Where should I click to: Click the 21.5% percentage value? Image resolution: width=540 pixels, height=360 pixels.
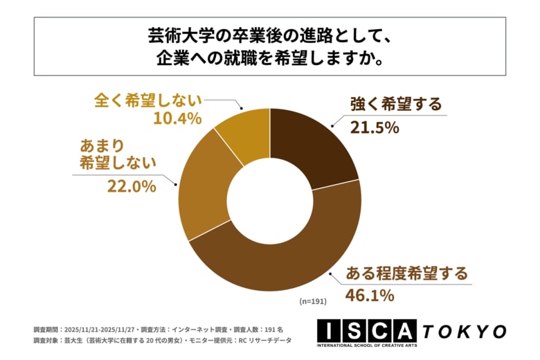point(374,127)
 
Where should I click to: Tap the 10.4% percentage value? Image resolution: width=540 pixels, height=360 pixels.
point(177,118)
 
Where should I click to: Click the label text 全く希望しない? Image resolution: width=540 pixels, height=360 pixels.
point(147,98)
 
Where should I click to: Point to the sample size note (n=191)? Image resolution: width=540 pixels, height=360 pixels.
point(313,303)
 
